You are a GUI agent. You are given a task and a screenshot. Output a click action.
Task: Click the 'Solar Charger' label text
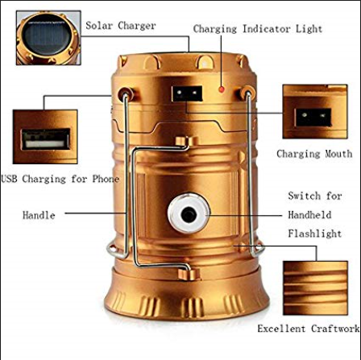pyautogui.click(x=120, y=26)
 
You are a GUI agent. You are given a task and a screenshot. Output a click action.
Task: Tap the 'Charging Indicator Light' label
pyautogui.click(x=257, y=29)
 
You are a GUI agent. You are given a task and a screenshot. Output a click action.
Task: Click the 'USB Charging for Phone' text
pyautogui.click(x=60, y=178)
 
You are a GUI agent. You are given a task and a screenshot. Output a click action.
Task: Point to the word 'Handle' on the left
pyautogui.click(x=39, y=215)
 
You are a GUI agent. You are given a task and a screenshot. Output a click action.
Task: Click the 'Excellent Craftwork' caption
pyautogui.click(x=308, y=329)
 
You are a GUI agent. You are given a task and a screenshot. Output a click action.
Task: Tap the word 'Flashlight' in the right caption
pyautogui.click(x=314, y=234)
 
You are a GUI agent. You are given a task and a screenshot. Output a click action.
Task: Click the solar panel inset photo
pyautogui.click(x=47, y=37)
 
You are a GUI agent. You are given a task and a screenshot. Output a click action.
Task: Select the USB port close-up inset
pyautogui.click(x=44, y=136)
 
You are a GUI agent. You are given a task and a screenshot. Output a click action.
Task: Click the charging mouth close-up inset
pyautogui.click(x=313, y=113)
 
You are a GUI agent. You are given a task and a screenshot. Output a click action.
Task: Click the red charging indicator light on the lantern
pyautogui.click(x=222, y=89)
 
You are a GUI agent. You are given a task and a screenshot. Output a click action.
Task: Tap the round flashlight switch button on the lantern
pyautogui.click(x=188, y=215)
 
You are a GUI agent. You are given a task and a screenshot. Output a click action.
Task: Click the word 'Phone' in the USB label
pyautogui.click(x=104, y=178)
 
